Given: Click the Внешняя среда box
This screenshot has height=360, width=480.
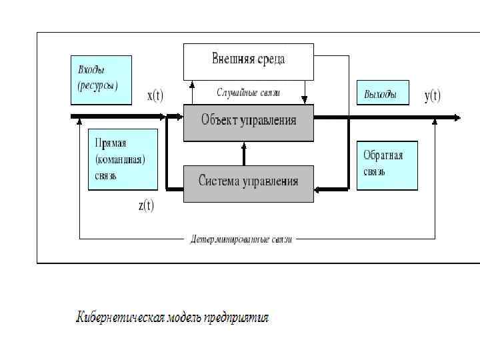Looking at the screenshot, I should tap(248, 59).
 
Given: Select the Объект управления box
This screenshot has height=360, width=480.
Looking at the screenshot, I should tap(248, 122).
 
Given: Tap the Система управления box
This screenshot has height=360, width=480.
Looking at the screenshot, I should tap(248, 182).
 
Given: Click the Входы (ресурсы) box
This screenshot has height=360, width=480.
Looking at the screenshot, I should tap(101, 79).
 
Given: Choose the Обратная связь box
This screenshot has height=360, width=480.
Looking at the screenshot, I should tap(387, 165).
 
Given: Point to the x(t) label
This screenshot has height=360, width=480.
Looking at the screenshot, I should tap(155, 96).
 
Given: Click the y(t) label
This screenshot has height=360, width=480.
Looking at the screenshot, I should tap(433, 96).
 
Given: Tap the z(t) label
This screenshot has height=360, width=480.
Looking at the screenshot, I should tap(146, 205).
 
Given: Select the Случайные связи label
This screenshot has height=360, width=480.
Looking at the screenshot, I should tap(248, 93).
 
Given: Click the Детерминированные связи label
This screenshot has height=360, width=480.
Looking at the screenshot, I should tap(241, 239).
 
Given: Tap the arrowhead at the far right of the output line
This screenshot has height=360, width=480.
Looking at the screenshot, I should tap(457, 118).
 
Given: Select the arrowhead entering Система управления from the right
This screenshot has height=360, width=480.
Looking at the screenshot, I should tap(317, 190).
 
